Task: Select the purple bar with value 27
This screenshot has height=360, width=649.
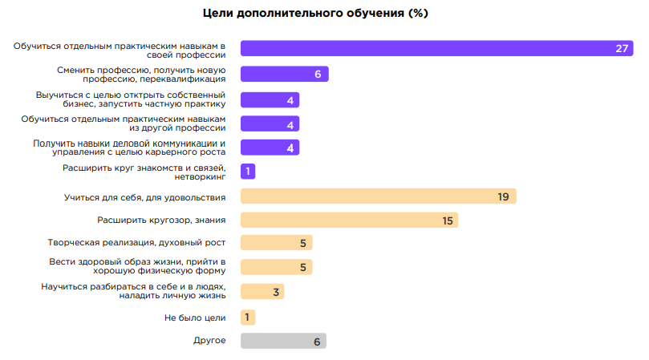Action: [433, 49]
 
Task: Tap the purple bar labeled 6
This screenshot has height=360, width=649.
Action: [284, 75]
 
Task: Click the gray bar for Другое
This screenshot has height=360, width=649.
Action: [282, 341]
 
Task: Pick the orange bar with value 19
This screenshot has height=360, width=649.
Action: [377, 196]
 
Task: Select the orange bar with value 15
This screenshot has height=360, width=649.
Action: [348, 220]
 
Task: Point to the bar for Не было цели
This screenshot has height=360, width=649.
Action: [248, 318]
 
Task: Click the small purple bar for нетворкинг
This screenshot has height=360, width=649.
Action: [248, 172]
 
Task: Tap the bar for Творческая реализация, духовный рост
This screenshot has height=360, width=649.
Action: [276, 243]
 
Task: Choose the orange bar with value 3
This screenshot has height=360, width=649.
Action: [262, 292]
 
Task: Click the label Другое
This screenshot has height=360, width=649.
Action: [210, 341]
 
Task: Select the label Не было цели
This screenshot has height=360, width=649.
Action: [195, 318]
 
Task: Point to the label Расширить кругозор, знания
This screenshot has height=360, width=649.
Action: [161, 220]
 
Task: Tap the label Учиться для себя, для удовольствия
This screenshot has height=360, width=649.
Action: [144, 196]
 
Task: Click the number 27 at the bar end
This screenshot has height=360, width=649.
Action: [622, 49]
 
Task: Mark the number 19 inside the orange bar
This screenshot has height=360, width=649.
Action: [503, 196]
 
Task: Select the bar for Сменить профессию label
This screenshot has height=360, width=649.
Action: [284, 75]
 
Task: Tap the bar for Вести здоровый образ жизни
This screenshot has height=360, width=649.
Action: [276, 267]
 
